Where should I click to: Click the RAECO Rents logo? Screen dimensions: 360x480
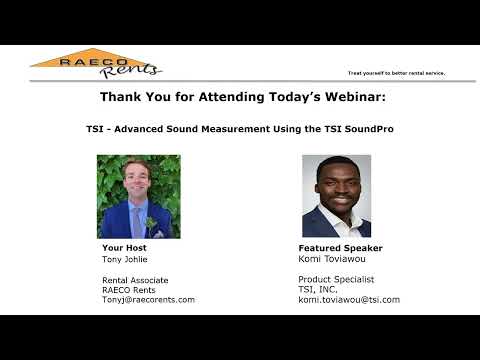pos(97,63)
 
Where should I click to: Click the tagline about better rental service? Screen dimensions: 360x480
pos(396,73)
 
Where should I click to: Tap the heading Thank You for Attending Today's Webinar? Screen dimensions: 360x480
pos(239,97)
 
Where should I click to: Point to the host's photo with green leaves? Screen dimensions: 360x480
pos(138,196)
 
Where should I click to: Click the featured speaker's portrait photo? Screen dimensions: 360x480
pos(336,196)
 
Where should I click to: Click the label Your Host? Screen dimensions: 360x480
pos(124,248)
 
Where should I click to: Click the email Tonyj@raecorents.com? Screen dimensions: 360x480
pos(148,299)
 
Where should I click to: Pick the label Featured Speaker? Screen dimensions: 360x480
pos(340,248)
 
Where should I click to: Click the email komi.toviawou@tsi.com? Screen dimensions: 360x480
pos(348,299)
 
